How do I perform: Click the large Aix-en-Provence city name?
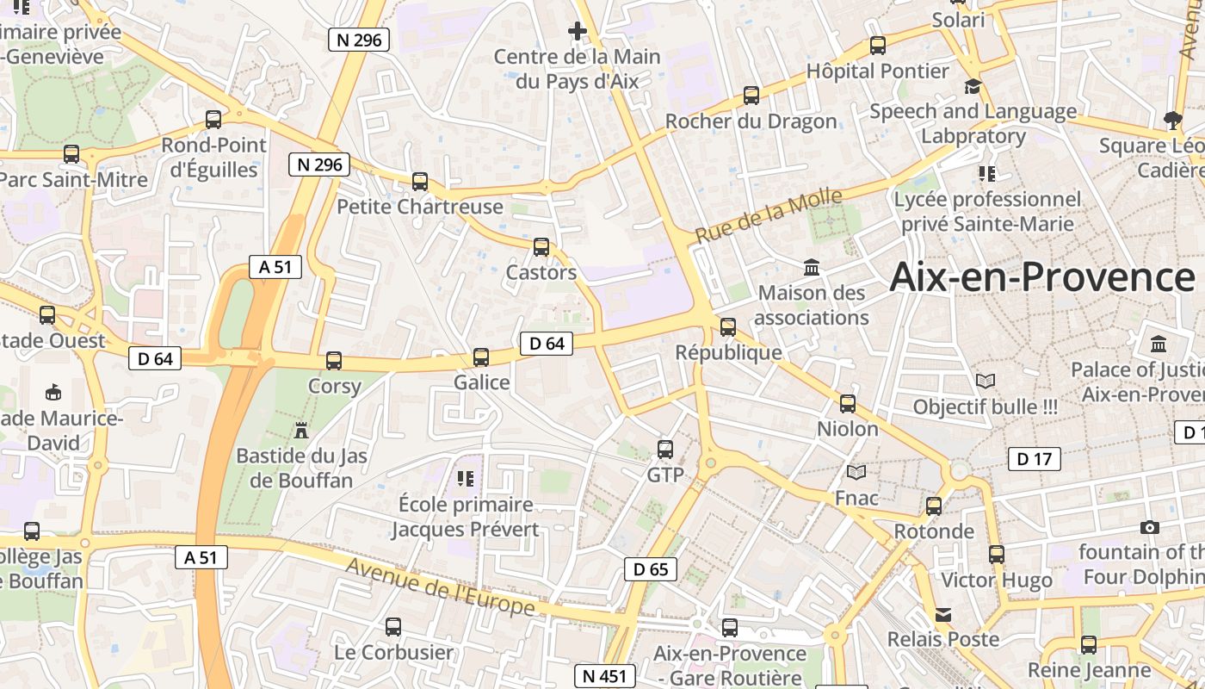click(1042, 277)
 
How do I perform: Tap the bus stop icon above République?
click(728, 326)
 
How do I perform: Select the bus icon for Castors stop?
click(541, 247)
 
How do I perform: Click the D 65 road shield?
click(651, 569)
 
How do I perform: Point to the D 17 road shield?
click(1034, 459)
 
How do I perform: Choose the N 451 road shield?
click(605, 676)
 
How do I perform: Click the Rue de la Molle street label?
click(769, 216)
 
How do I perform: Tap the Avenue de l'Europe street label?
click(441, 587)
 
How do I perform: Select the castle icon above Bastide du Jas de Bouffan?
click(301, 429)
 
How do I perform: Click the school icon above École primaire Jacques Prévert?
click(466, 478)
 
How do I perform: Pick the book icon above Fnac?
click(856, 472)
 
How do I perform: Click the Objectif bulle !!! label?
click(986, 407)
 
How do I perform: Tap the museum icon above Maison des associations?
click(812, 267)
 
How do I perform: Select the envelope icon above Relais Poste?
click(943, 614)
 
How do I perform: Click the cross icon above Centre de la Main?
click(577, 32)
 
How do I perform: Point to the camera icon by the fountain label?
click(1149, 527)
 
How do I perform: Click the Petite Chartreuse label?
click(420, 207)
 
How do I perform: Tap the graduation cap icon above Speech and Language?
click(973, 86)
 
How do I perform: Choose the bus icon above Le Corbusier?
click(393, 626)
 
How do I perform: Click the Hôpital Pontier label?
click(878, 71)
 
